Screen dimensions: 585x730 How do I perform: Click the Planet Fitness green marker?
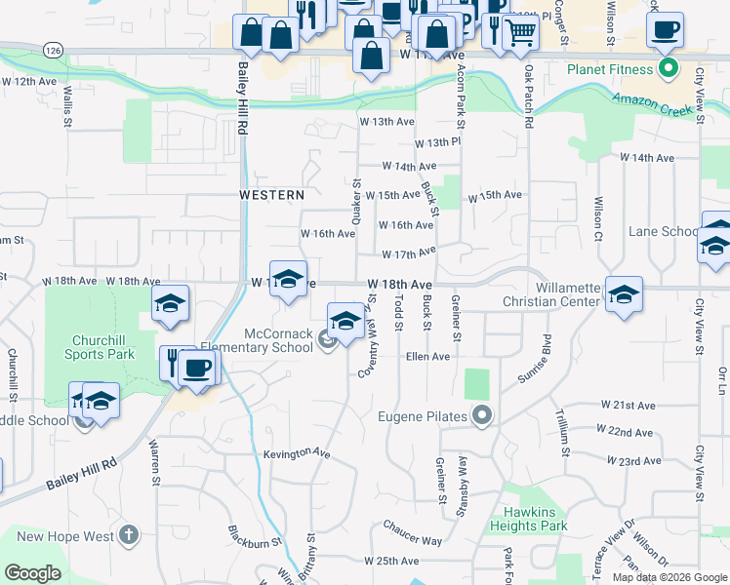coord(669,69)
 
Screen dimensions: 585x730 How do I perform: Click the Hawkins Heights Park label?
coord(536,519)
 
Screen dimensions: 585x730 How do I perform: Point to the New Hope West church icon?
coord(129,535)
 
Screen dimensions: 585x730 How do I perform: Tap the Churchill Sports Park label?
coord(101,348)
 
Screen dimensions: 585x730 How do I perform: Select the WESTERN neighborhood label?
coord(272,195)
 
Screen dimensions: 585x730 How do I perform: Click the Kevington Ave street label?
coord(297,453)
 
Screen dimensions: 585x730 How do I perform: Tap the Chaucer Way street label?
coord(413,540)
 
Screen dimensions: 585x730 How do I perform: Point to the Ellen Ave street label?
coord(427,357)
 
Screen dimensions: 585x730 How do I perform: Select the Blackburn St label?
coord(255,535)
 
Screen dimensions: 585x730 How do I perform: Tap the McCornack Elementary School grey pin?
coord(328,339)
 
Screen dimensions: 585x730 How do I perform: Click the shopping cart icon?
coord(520,32)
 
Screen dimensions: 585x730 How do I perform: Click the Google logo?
coord(33,573)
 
